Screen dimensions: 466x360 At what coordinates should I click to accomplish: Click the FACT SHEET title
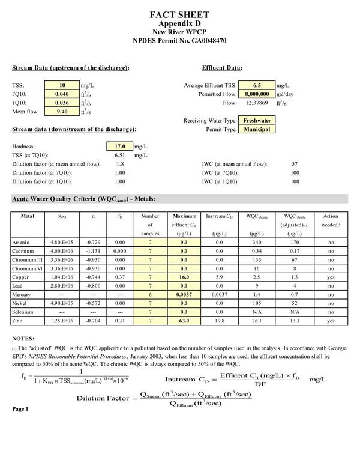pyautogui.click(x=179, y=14)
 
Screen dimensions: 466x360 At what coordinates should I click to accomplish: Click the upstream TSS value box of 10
pyautogui.click(x=62, y=86)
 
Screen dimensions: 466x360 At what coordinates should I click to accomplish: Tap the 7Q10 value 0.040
pyautogui.click(x=62, y=94)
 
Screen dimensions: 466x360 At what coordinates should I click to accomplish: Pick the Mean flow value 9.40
pyautogui.click(x=62, y=111)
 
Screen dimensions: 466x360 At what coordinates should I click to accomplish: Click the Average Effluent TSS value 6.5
pyautogui.click(x=256, y=86)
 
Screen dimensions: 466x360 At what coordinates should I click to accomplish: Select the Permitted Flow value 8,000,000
pyautogui.click(x=256, y=94)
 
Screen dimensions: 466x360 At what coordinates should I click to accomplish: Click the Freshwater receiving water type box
pyautogui.click(x=256, y=120)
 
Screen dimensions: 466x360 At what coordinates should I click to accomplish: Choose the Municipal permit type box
pyautogui.click(x=256, y=129)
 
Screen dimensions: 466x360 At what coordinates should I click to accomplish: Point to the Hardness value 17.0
pyautogui.click(x=117, y=146)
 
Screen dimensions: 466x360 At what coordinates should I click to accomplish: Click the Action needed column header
pyautogui.click(x=331, y=220)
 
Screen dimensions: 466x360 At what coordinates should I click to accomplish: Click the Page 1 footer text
pyautogui.click(x=20, y=409)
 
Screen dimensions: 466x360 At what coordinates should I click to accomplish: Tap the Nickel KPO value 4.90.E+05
pyautogui.click(x=61, y=304)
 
